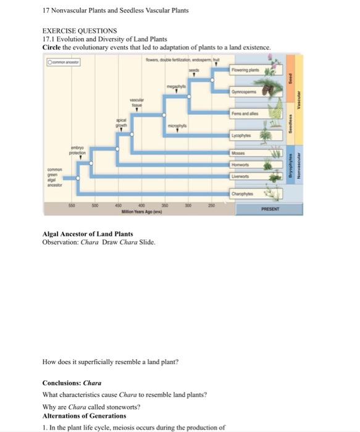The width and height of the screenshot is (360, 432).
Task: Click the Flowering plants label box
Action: pyautogui.click(x=245, y=71)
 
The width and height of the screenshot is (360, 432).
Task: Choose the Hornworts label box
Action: pyautogui.click(x=241, y=165)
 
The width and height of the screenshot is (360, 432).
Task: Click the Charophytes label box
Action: pyautogui.click(x=242, y=195)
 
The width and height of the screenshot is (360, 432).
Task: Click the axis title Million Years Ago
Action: pyautogui.click(x=137, y=212)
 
